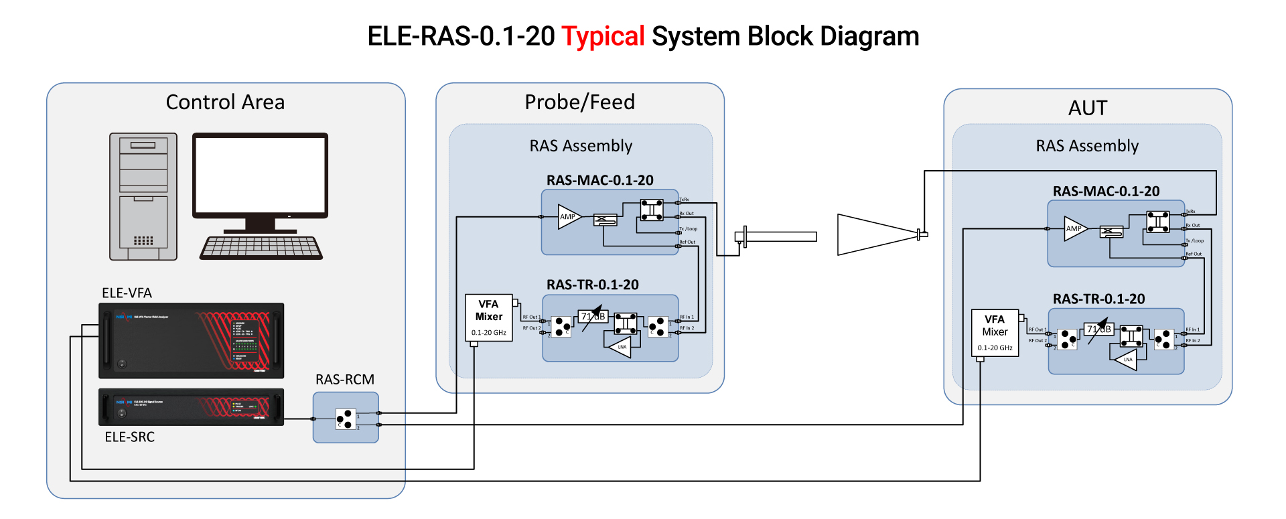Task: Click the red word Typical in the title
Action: point(603,36)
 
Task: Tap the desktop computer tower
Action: point(143,196)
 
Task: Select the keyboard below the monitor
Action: point(261,248)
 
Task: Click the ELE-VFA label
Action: point(127,293)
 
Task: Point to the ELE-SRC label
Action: point(129,437)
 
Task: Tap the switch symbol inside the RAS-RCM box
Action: point(345,419)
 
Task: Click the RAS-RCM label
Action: point(345,379)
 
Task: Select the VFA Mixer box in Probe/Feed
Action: point(489,317)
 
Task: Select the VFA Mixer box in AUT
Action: point(995,332)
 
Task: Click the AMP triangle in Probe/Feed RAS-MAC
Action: point(568,216)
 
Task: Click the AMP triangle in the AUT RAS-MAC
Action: point(1074,228)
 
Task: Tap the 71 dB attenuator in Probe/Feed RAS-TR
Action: point(593,316)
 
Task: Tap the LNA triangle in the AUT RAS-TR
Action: point(1125,359)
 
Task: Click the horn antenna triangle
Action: point(874,234)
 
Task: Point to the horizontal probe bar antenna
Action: point(781,236)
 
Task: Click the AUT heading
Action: point(1087,108)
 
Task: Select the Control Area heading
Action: point(225,102)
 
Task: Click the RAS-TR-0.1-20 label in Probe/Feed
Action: point(592,285)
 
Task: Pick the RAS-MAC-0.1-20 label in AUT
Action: point(1106,192)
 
